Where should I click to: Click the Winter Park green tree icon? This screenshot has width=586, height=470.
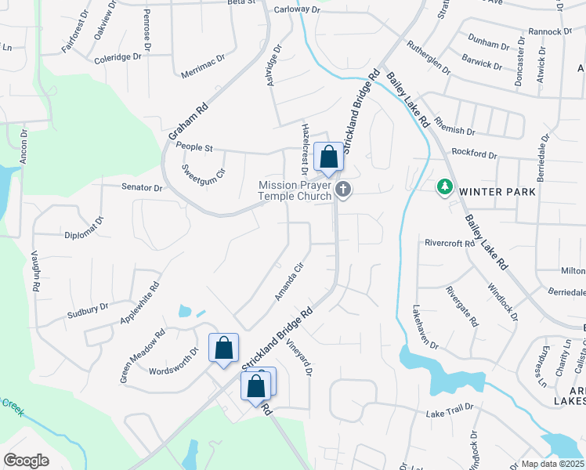click(445, 187)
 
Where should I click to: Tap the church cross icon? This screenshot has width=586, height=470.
click(342, 189)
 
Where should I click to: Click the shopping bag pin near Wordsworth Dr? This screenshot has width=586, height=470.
click(223, 348)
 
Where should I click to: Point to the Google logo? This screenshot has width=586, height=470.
click(26, 460)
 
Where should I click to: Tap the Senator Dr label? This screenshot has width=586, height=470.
click(142, 188)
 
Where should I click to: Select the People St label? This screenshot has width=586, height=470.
click(194, 147)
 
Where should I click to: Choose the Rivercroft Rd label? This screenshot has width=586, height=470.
click(450, 244)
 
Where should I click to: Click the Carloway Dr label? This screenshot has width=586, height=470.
click(298, 9)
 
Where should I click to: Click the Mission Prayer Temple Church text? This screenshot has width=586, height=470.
click(295, 190)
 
